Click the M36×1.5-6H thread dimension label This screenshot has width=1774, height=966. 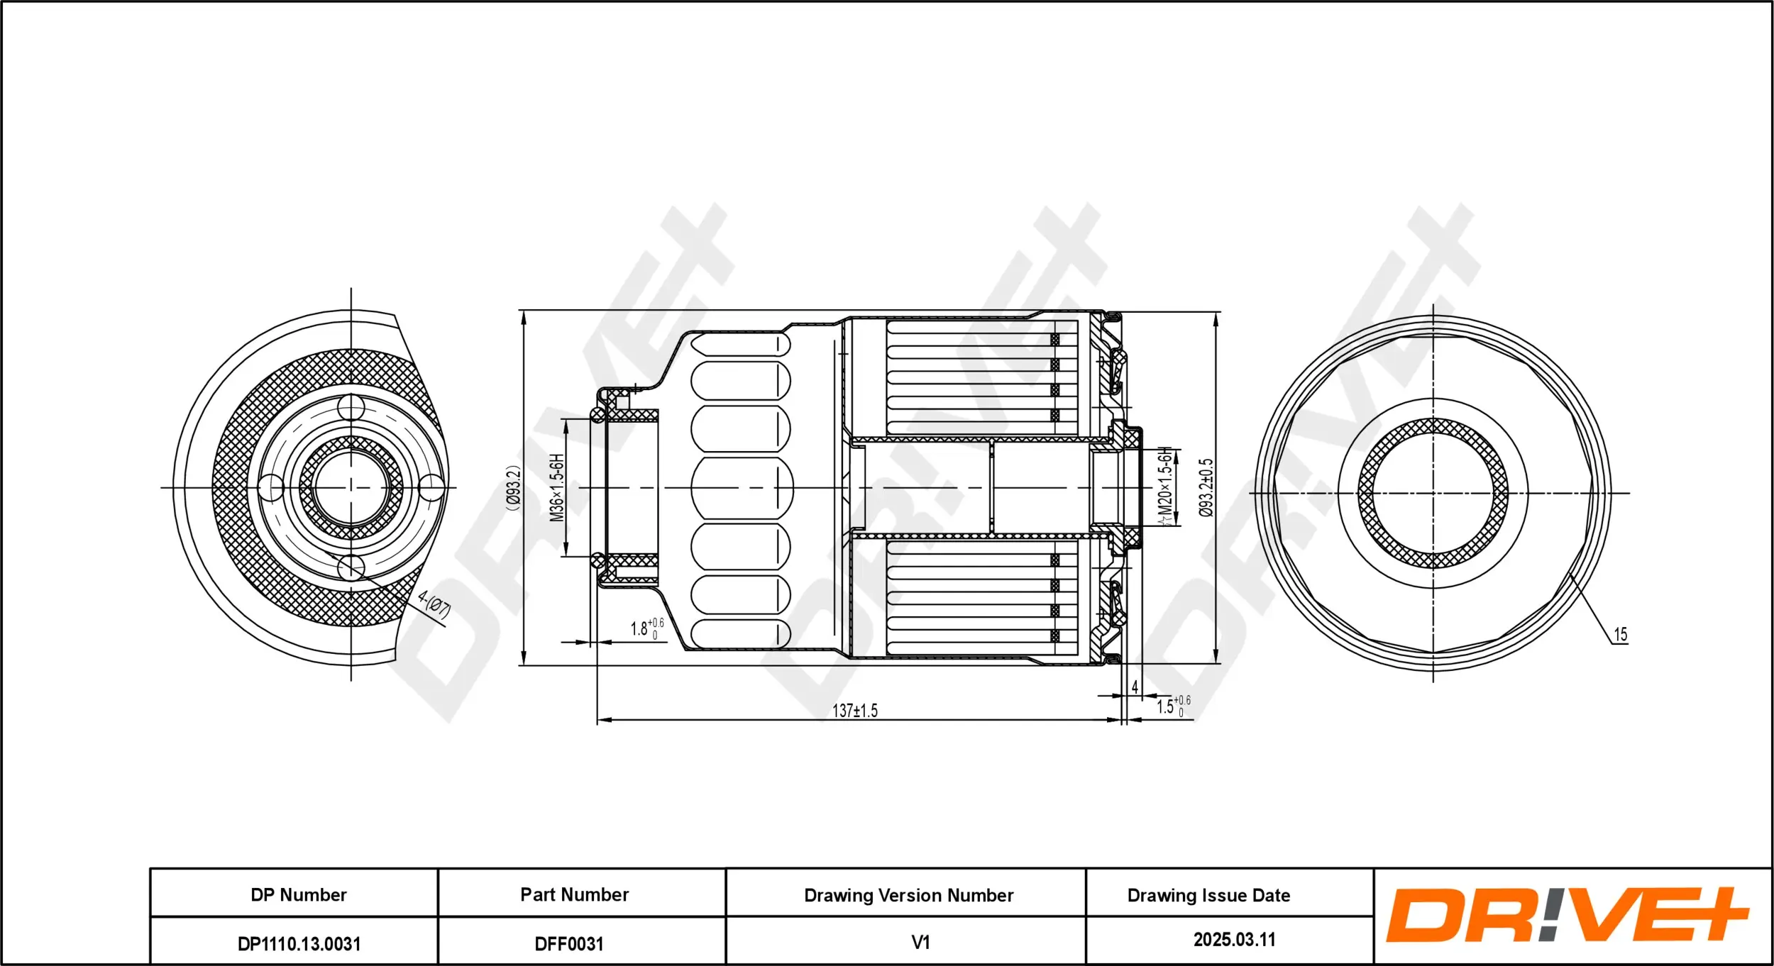point(557,488)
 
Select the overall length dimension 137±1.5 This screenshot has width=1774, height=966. point(854,711)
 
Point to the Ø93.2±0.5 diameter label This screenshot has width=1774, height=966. point(1206,488)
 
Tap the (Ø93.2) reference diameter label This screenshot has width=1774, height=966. point(513,488)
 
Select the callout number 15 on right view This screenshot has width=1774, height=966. point(1621,635)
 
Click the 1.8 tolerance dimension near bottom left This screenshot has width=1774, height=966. point(646,628)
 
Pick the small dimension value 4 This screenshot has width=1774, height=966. point(1135,687)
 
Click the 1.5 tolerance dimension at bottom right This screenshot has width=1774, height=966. point(1172,706)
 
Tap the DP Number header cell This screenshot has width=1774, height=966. point(298,895)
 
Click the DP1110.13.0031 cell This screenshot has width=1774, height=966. point(298,944)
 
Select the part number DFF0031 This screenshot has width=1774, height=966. point(568,944)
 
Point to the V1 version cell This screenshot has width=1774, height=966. point(920,943)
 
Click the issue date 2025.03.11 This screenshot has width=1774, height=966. point(1234,940)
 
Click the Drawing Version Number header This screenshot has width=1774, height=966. point(908,896)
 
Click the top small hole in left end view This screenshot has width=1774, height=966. point(351,408)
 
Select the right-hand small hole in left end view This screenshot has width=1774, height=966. point(431,488)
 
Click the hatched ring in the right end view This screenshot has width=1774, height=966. point(1433,426)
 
